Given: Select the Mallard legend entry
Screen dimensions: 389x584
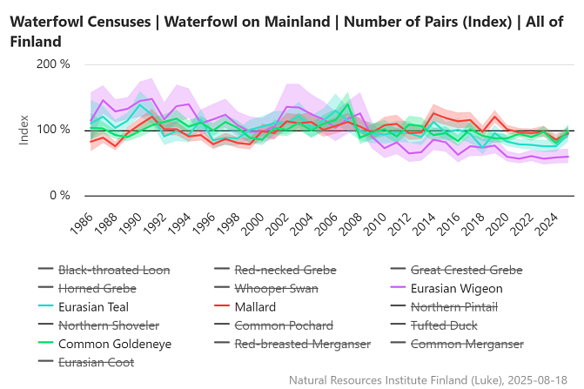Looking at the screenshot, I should click(x=254, y=306).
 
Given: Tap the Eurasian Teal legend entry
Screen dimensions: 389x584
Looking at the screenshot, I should click(x=93, y=306).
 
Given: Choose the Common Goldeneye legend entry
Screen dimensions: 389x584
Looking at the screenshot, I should click(x=114, y=344).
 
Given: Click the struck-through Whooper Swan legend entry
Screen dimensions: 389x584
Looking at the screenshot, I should click(x=277, y=288).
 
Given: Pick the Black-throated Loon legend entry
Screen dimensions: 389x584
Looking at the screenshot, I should click(x=113, y=270).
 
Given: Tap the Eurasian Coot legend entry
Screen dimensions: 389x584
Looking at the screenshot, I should click(x=96, y=362).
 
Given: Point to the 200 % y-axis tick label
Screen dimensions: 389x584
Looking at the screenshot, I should click(x=53, y=64).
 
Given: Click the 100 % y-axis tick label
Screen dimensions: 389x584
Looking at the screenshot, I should click(x=53, y=130).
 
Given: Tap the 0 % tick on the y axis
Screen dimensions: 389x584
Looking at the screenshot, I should click(x=58, y=195).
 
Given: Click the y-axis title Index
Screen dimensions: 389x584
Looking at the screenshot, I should click(x=24, y=129).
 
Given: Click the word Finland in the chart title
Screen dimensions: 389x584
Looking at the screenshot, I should click(x=36, y=41).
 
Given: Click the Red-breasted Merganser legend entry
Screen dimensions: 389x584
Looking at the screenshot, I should click(x=302, y=344).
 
